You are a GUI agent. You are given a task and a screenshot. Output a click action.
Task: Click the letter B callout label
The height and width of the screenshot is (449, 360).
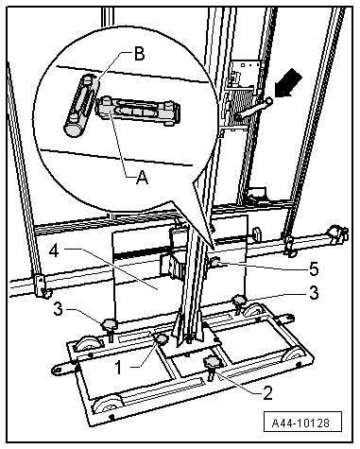pyautogui.click(x=139, y=54)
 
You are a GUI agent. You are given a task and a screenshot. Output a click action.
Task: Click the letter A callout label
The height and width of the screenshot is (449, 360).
pyautogui.click(x=142, y=178)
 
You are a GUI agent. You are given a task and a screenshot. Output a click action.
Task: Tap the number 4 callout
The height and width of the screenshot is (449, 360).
pyautogui.click(x=55, y=251)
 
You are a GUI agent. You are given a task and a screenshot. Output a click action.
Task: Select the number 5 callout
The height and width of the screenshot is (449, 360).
pyautogui.click(x=314, y=269)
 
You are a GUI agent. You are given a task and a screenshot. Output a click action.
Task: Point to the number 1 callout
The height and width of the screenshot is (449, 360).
pyautogui.click(x=118, y=368)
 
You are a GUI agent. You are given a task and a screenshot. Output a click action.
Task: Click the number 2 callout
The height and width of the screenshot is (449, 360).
pyautogui.click(x=267, y=393)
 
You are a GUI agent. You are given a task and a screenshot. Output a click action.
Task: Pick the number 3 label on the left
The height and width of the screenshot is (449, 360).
pyautogui.click(x=59, y=309)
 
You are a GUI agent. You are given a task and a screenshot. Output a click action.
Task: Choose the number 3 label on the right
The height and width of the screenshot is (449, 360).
pyautogui.click(x=314, y=293)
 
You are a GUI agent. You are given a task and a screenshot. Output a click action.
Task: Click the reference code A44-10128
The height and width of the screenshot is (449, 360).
pyautogui.click(x=300, y=423)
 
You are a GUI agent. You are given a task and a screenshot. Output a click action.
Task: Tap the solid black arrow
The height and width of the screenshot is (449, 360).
pyautogui.click(x=288, y=84)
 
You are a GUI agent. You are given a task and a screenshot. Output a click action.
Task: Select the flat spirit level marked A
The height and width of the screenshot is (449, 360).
pyautogui.click(x=138, y=111)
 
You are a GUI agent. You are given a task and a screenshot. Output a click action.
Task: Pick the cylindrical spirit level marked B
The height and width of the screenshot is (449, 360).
pyautogui.click(x=80, y=105)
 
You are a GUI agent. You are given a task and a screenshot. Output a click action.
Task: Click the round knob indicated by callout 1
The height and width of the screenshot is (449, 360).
pyautogui.click(x=163, y=339)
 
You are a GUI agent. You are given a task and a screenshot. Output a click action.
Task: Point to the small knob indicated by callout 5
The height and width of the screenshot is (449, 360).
pyautogui.click(x=215, y=263)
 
